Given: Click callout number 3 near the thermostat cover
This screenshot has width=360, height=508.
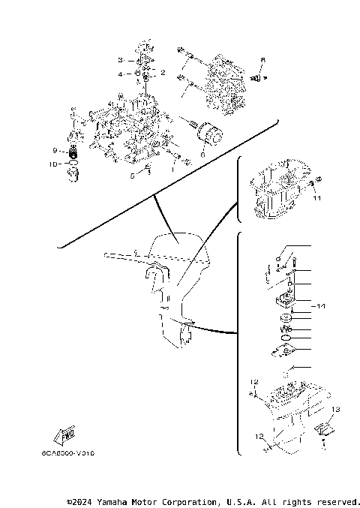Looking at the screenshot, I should click(119, 59).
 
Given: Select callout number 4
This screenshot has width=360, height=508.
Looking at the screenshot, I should click(119, 74).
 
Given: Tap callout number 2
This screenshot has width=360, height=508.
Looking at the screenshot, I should click(162, 73).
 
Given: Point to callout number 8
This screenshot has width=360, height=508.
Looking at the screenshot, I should click(263, 59).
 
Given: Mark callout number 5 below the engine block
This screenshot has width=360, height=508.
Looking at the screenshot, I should click(132, 176).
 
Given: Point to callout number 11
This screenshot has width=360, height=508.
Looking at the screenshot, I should click(316, 198).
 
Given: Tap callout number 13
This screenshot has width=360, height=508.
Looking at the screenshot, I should click(336, 409).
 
